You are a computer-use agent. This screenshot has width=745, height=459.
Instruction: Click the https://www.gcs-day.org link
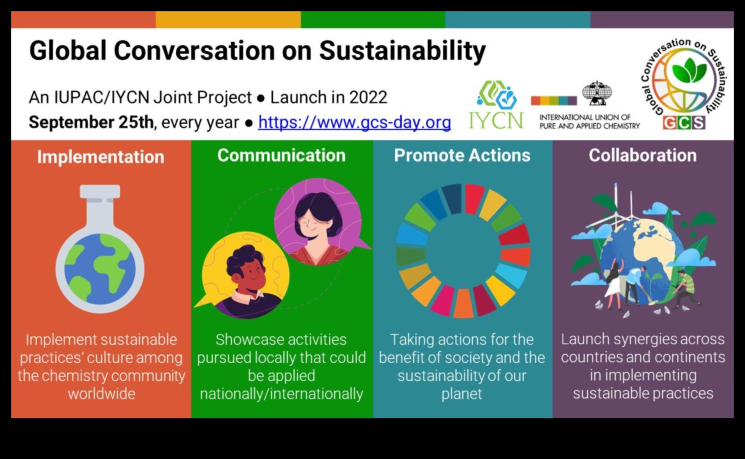click(x=354, y=122)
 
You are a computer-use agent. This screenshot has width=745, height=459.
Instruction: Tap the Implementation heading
click(x=101, y=157)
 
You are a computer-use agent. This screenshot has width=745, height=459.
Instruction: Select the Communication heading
click(x=282, y=155)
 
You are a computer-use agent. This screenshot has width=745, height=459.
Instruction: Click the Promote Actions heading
click(x=462, y=155)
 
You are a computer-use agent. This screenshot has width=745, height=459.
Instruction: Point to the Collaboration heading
click(x=642, y=155)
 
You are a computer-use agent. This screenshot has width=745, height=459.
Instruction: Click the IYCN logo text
click(x=496, y=120)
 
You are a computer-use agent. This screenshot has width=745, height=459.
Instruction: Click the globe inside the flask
click(x=100, y=269)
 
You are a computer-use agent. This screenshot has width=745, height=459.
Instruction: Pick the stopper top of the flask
click(x=100, y=192)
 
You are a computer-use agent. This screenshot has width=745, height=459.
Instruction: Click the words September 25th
click(x=91, y=122)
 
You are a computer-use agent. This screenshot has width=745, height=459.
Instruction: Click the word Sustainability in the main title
click(x=402, y=51)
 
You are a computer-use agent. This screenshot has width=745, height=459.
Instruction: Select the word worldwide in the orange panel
click(x=102, y=394)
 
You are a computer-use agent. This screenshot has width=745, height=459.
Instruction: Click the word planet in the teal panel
click(x=462, y=395)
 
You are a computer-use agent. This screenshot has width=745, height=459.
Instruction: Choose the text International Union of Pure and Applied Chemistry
click(x=589, y=122)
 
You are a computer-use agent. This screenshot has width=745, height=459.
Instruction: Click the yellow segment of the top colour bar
click(x=228, y=20)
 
